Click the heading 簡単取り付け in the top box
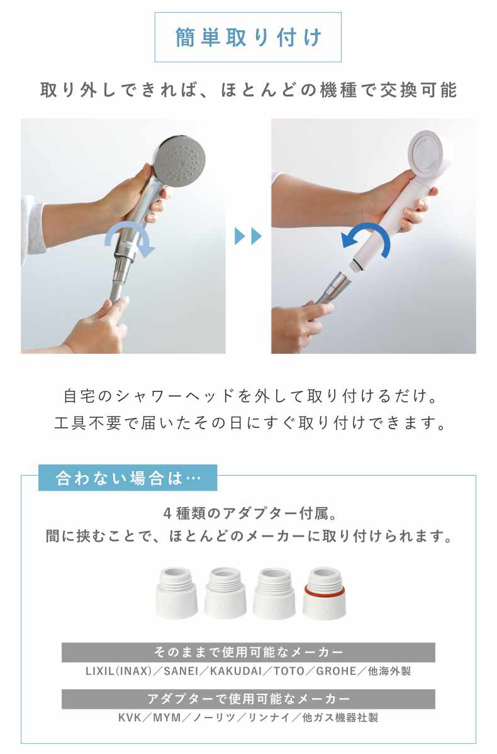point(248,37)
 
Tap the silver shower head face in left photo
point(182,160)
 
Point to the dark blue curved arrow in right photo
point(366,238)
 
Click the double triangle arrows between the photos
point(248,236)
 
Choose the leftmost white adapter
point(176,593)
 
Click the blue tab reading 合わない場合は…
point(128,478)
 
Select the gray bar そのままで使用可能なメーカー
point(248,652)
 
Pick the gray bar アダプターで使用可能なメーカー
point(248,699)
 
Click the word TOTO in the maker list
point(289,671)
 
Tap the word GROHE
point(336,671)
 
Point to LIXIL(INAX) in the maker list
point(119,671)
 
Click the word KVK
point(130,718)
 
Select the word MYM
point(167,718)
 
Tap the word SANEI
point(181,671)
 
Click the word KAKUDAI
point(236,671)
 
